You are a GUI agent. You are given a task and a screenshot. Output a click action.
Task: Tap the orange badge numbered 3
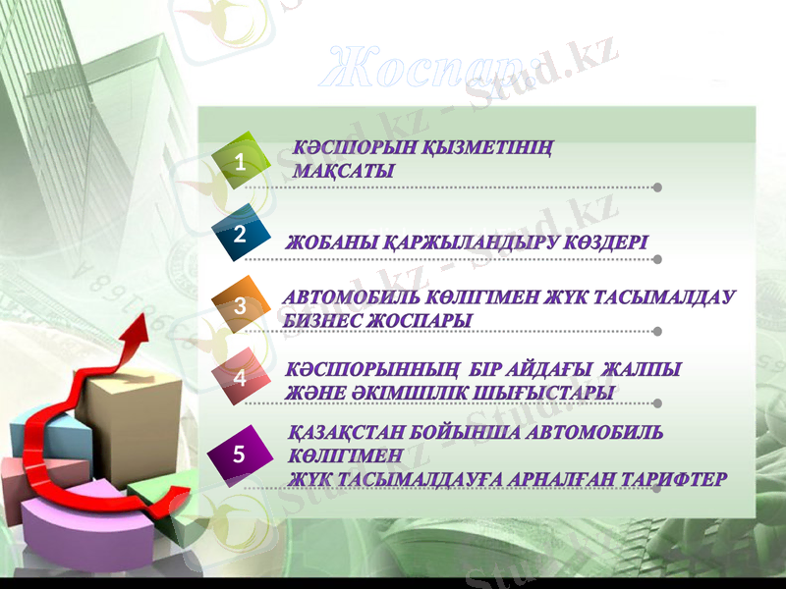pos(242,305)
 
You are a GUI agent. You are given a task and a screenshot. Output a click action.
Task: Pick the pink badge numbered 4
pos(242,376)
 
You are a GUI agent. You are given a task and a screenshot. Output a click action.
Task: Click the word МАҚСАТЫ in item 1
pos(344,172)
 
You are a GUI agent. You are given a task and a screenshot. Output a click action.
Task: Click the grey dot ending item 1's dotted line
pos(657,187)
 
